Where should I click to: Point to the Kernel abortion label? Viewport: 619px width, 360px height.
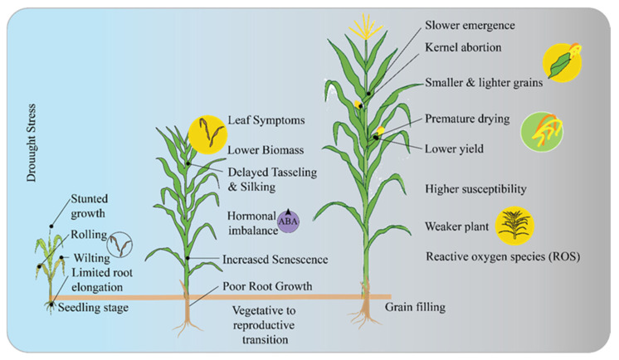point(463,47)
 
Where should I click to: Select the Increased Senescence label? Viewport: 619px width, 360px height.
point(275,260)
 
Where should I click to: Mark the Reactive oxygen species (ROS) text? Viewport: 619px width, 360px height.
point(502,256)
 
